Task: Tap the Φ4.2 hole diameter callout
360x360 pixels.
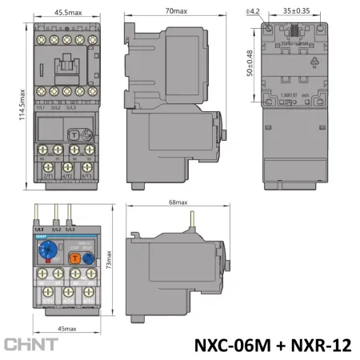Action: pos(254,10)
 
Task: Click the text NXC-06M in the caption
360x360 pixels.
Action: pos(233,344)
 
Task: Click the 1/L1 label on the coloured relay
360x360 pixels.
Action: pos(39,229)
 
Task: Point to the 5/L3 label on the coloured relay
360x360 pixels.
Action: pos(78,229)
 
